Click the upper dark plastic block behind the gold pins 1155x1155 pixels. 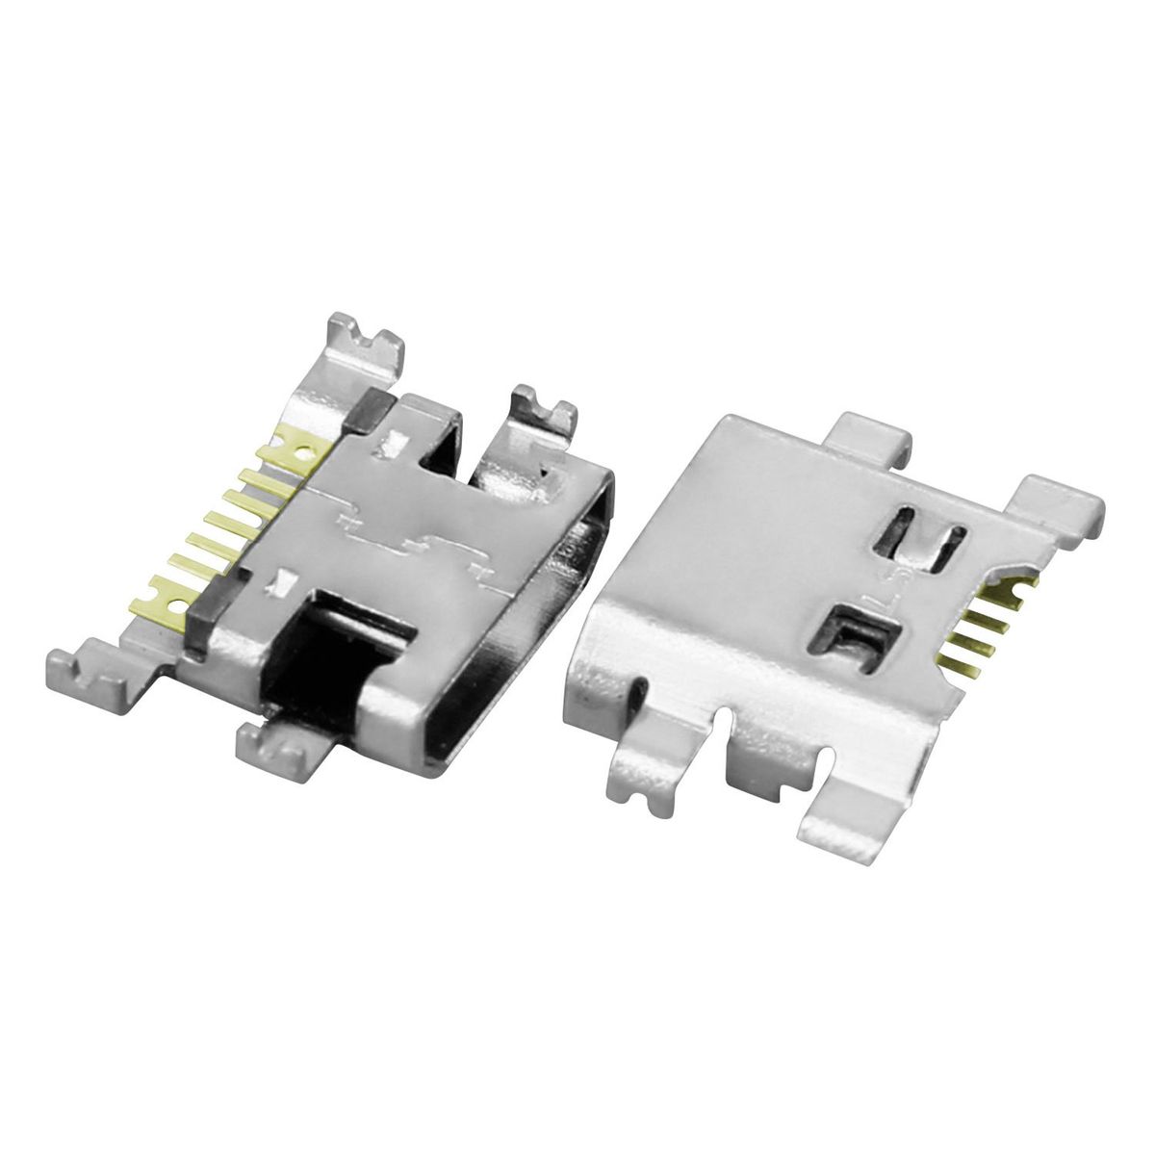coord(371,409)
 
